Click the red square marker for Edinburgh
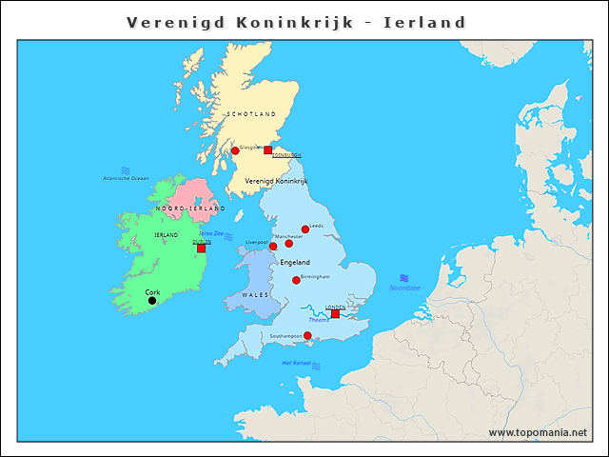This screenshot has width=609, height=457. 267,149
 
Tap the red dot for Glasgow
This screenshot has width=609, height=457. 235,150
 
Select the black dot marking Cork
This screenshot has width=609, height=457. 152,301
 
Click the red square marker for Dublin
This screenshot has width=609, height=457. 201,248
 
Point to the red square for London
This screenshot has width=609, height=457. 335,313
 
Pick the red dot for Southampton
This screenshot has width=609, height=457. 307,335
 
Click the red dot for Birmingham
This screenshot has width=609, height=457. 296,280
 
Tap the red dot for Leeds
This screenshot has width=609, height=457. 305,228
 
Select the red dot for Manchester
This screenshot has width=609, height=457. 289,243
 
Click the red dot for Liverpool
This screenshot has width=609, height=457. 273,246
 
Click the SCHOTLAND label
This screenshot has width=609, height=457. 251,114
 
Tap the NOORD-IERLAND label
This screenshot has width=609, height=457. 190,208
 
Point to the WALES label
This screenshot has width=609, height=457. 255,295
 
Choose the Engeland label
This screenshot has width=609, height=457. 295,262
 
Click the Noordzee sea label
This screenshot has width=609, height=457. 404,287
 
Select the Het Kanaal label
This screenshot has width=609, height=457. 297,363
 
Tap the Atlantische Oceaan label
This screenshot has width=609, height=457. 126,178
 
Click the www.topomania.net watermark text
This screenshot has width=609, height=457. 538,433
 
